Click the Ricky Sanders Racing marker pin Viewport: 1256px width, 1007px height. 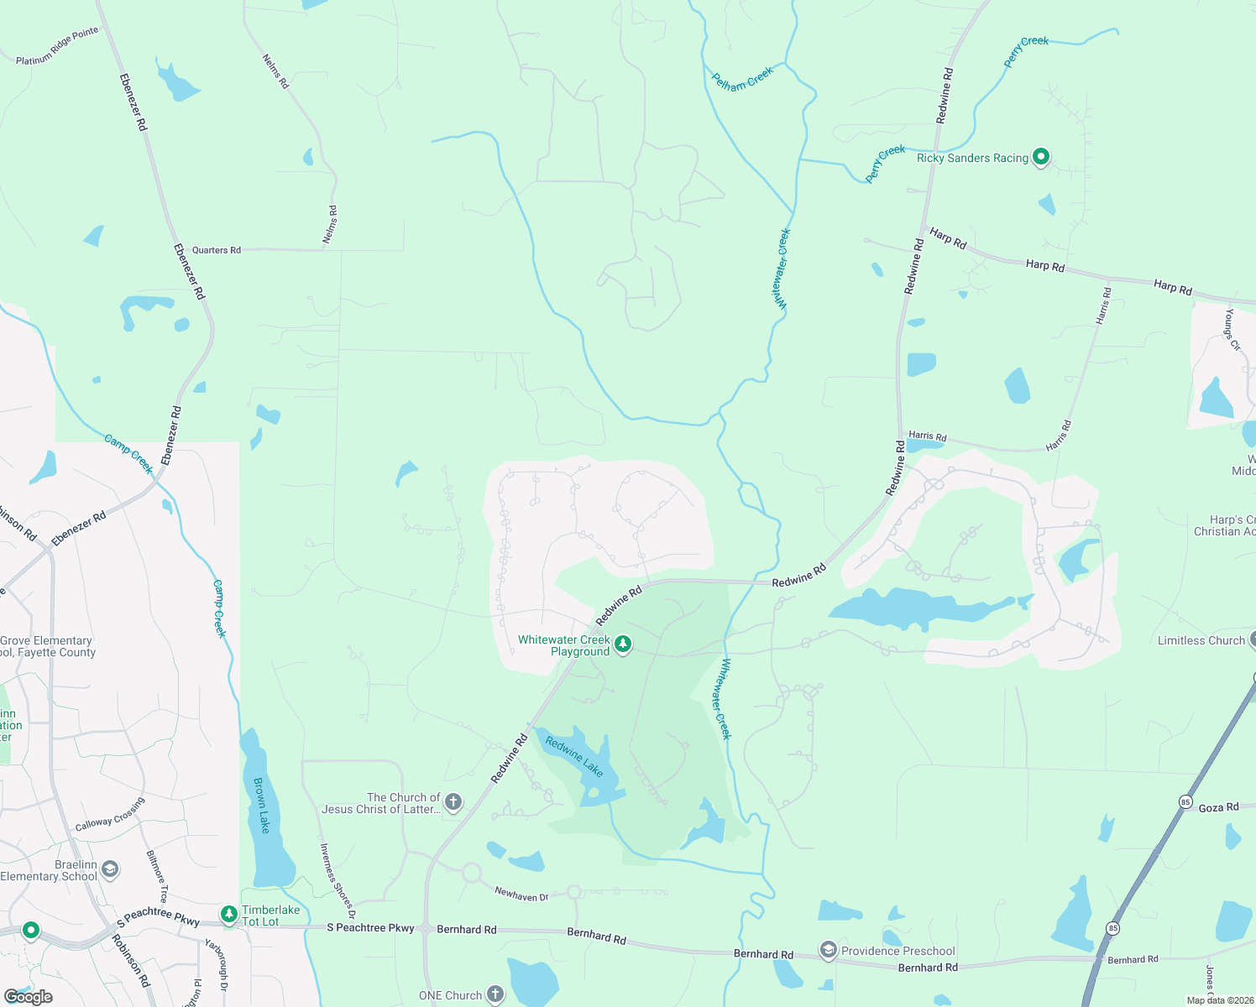point(1040,157)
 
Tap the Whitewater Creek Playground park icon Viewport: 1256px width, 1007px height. point(623,644)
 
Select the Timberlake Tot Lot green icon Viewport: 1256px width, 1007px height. point(228,914)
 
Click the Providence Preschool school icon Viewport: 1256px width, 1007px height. point(829,950)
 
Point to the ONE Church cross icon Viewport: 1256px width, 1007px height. point(495,995)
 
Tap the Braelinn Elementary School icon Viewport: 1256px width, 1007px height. point(110,869)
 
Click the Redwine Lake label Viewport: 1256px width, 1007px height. point(574,756)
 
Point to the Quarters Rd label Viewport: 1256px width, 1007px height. point(217,250)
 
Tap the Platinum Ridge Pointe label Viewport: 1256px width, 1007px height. point(57,46)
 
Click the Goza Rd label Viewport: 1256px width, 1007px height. point(1218,807)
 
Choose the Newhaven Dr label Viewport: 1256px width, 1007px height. point(521,895)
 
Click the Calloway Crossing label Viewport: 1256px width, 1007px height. point(110,814)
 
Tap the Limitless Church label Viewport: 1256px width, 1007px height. point(1201,640)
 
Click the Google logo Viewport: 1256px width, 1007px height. point(29,997)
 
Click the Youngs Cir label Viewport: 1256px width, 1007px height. point(1232,329)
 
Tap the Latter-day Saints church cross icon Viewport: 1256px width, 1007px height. point(453,803)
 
